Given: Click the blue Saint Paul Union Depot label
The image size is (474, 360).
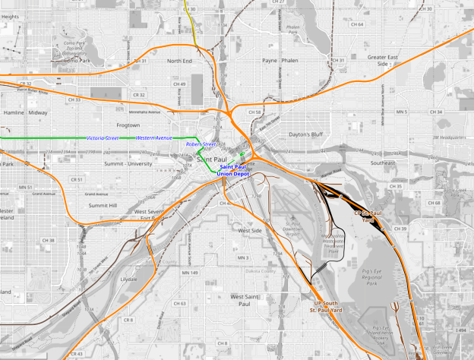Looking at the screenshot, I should [233, 170].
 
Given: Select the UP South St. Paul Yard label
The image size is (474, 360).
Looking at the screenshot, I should [328, 306].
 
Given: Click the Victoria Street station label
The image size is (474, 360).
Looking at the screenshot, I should [103, 138].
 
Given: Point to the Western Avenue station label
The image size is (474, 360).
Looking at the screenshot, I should [153, 138].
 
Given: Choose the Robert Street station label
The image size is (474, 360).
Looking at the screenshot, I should [201, 144].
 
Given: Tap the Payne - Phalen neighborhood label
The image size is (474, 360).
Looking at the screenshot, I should [280, 60].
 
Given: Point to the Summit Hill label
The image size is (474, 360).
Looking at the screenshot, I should [103, 205].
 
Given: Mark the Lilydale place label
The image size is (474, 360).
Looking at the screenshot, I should [128, 279].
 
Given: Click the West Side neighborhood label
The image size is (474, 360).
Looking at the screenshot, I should [250, 230].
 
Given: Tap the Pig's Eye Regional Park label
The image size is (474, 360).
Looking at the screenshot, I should [371, 277].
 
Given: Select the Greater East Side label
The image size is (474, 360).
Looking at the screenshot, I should [383, 60].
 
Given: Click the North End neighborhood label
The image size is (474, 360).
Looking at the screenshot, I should [180, 60].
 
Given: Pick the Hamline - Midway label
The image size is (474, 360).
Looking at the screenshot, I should [27, 112].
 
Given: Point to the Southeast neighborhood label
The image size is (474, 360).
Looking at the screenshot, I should [383, 163].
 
